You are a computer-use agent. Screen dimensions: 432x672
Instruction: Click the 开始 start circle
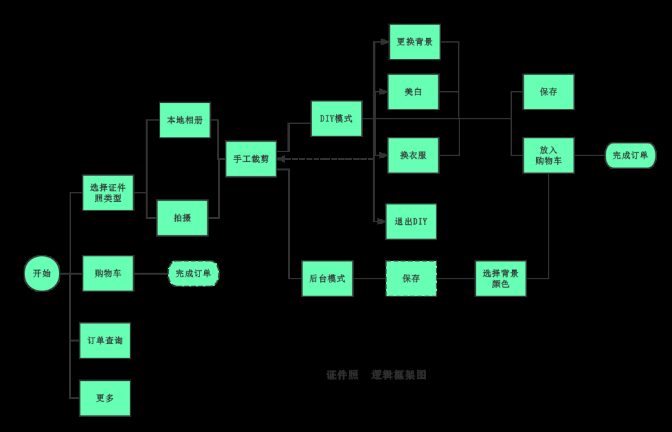point(42,273)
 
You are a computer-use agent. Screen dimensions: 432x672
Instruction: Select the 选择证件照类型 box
point(108,193)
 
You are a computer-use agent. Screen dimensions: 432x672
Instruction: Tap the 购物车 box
point(108,273)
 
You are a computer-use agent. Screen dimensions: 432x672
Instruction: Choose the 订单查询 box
point(105,341)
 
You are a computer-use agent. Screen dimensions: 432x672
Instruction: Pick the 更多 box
point(105,398)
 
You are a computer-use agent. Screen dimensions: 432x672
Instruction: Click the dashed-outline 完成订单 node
point(194,273)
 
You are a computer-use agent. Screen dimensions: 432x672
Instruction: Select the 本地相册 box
point(185,120)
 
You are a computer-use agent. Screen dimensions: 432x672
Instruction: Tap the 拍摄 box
point(182,218)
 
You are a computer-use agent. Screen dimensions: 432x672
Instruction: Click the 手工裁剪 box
point(251,159)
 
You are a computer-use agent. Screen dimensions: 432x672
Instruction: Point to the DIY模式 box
point(336,119)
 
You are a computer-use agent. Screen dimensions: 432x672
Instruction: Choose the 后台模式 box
point(327,279)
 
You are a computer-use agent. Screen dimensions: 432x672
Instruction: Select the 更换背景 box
point(415,42)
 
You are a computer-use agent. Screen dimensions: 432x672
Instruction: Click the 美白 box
point(413,92)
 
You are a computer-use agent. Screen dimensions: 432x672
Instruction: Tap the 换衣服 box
point(413,155)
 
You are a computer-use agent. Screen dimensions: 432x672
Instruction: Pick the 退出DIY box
point(411,222)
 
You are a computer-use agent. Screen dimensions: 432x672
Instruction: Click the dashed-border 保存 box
point(411,279)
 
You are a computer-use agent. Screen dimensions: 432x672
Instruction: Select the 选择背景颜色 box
point(501,279)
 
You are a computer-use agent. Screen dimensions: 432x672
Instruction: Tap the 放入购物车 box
point(549,155)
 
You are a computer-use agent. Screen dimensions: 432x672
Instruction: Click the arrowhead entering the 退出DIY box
point(381,222)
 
